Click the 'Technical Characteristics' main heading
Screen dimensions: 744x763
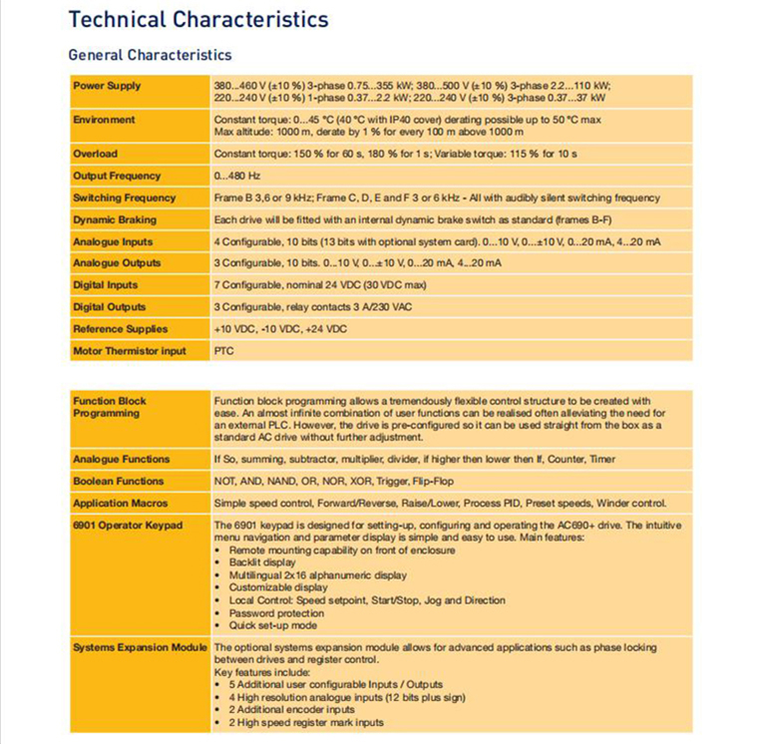click(x=197, y=19)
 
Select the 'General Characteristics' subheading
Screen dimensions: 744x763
click(x=150, y=55)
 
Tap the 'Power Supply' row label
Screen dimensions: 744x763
click(x=107, y=86)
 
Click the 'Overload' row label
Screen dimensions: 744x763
click(x=95, y=154)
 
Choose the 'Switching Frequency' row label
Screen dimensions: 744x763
click(x=124, y=197)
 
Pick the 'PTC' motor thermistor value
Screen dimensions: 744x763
click(x=224, y=351)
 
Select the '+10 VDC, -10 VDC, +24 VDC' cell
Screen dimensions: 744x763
click(x=280, y=329)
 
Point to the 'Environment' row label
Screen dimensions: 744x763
click(x=104, y=120)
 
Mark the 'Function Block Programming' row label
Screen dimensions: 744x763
click(x=109, y=407)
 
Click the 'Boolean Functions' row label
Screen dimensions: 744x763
click(x=118, y=481)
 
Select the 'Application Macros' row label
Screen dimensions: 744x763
click(x=120, y=503)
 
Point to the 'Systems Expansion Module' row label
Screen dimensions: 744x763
click(x=140, y=648)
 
